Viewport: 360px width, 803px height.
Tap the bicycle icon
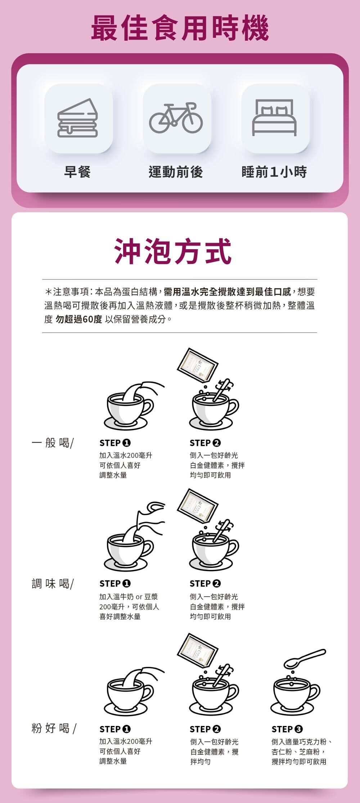[176, 118]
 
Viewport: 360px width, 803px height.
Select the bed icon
[274, 118]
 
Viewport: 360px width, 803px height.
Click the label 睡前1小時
[274, 172]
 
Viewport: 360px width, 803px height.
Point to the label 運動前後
[176, 172]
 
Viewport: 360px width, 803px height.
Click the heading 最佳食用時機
[180, 28]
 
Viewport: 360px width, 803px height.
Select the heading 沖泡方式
[173, 252]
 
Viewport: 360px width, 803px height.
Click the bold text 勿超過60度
[79, 319]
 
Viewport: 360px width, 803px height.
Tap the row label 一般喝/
[53, 443]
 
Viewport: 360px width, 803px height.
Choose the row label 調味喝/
[53, 583]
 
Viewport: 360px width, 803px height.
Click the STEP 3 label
[287, 729]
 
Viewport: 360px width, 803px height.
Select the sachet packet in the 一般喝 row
[197, 365]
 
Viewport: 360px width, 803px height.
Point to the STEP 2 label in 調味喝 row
[205, 583]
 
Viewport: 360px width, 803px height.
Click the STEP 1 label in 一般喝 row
[115, 443]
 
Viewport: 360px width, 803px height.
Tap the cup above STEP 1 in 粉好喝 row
[128, 693]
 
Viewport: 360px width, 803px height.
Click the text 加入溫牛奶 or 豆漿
[129, 597]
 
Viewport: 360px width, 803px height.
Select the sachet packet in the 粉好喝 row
[197, 650]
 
